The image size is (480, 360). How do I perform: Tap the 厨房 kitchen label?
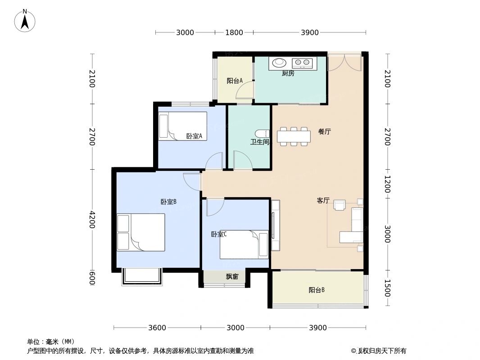coord(288,73)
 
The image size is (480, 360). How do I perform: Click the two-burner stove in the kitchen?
coord(302,63)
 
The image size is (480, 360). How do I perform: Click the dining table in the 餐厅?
coord(294,136)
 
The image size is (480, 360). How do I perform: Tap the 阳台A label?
coord(234,81)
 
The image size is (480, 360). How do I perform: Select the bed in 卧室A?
coord(182,126)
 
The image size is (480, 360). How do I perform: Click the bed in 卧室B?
coord(140,232)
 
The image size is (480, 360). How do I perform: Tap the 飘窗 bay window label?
coord(232,277)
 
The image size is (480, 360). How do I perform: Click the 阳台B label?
coord(316,290)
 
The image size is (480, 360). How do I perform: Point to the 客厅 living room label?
coord(323,201)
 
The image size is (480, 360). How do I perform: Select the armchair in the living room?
coord(340,205)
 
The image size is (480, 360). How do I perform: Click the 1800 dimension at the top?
coord(234,32)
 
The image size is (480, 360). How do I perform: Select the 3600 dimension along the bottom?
coord(157,328)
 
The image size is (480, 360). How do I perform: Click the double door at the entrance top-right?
coord(344,63)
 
